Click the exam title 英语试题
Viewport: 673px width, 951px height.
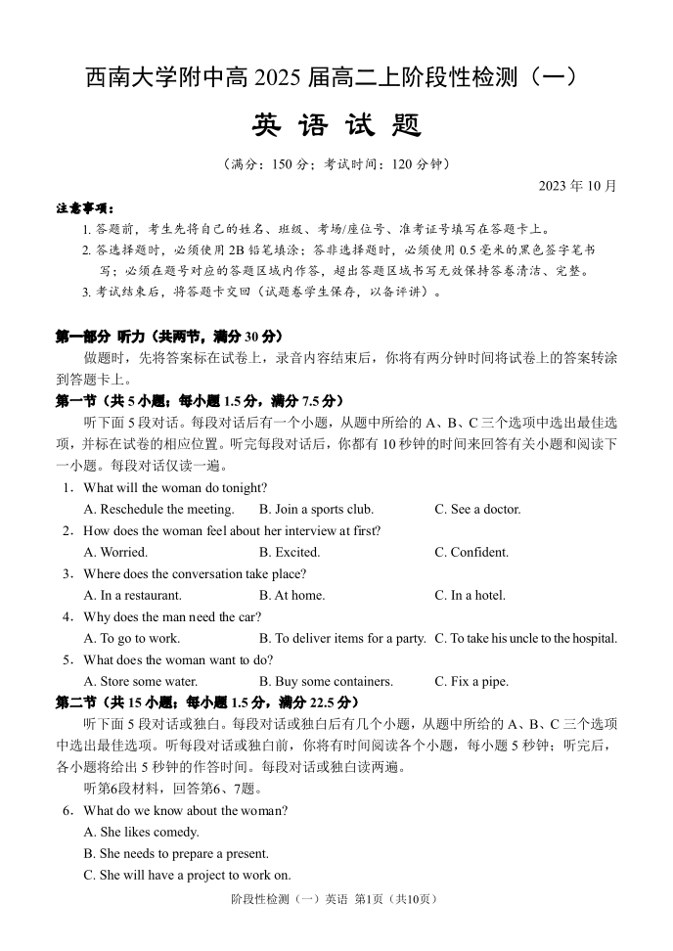336,126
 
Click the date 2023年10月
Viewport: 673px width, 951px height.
577,185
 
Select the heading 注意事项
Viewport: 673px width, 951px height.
85,208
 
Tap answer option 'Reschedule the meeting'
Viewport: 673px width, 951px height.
159,510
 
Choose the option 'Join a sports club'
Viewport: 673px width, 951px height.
316,510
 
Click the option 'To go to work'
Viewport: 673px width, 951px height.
132,639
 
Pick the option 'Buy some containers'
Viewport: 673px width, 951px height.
326,682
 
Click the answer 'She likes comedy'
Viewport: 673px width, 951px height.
142,833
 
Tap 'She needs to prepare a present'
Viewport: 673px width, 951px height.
177,854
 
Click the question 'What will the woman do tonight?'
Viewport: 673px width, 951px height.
174,488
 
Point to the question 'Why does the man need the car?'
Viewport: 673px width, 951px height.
172,617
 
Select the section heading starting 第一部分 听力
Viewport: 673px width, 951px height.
168,337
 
